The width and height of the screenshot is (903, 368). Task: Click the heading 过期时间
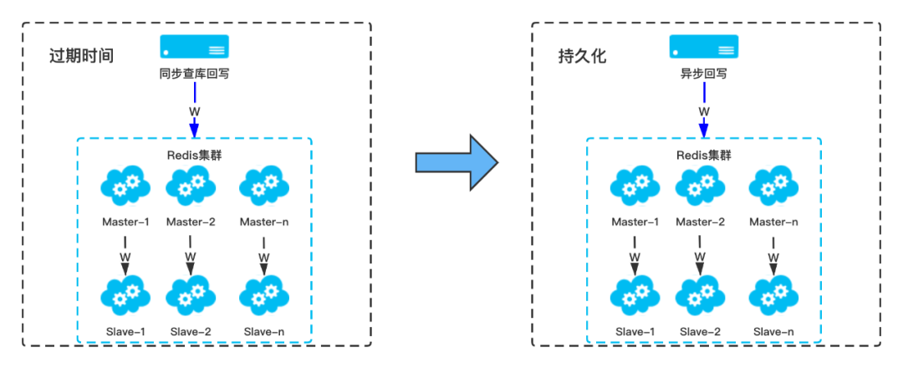[81, 57]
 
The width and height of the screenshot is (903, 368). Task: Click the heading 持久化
[582, 57]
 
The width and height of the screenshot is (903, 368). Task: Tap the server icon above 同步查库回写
[194, 47]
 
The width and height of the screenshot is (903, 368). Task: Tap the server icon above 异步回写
[703, 47]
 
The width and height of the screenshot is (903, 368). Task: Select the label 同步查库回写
[194, 74]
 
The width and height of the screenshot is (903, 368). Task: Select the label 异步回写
[703, 74]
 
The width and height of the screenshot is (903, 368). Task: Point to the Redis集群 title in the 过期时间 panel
[194, 156]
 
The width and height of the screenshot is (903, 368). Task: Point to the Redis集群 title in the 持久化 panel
[703, 156]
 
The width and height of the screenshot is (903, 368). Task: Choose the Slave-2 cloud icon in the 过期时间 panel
[190, 294]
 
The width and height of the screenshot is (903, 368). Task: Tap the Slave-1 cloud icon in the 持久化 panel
[635, 294]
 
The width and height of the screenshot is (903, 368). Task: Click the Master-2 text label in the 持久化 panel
[700, 222]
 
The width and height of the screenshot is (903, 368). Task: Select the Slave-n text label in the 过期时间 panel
[264, 332]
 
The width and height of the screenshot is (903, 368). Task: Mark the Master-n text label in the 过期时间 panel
[264, 222]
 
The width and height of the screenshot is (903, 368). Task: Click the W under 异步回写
[704, 111]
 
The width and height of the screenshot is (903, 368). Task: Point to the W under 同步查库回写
[195, 111]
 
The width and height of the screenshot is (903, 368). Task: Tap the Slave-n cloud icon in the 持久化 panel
[773, 294]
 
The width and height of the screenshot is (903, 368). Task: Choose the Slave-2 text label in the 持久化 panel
[700, 332]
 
